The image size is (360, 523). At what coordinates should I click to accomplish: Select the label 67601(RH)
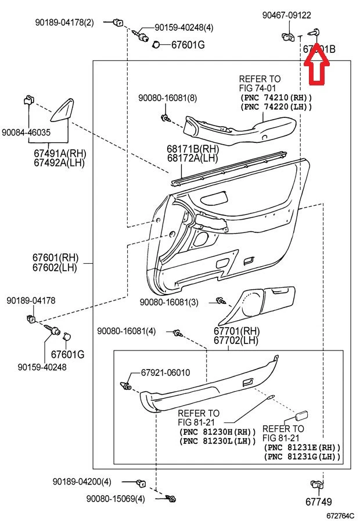pyautogui.click(x=55, y=257)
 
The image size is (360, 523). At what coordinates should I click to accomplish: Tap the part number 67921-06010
pyautogui.click(x=165, y=372)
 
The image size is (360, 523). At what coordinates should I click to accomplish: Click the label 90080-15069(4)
pyautogui.click(x=116, y=499)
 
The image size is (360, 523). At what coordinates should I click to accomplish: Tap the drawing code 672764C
pyautogui.click(x=340, y=515)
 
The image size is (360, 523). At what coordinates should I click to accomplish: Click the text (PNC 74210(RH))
pyautogui.click(x=276, y=97)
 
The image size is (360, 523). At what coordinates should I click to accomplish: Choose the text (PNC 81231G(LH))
pyautogui.click(x=302, y=457)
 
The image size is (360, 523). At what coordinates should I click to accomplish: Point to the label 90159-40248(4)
pyautogui.click(x=183, y=27)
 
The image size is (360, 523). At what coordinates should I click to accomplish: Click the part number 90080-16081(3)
pyautogui.click(x=168, y=302)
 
